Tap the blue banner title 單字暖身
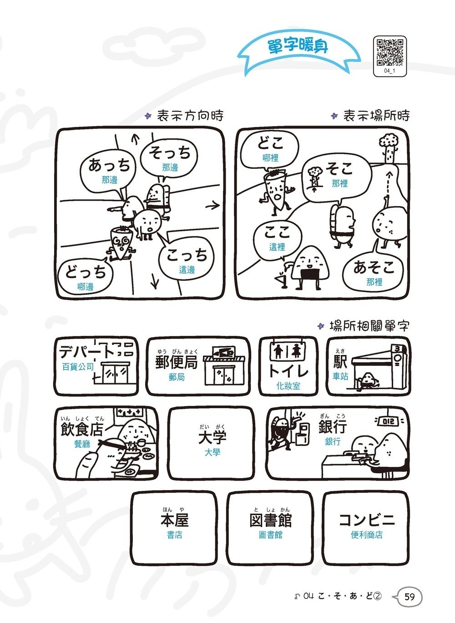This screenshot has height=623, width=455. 298,46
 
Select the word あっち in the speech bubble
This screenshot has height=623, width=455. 109,165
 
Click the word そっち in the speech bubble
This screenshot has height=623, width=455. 170,153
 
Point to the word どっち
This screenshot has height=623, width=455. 86,272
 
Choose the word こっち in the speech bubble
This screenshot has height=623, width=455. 187,254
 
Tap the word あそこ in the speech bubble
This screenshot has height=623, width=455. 374,267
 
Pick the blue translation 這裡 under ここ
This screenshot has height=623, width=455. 277,247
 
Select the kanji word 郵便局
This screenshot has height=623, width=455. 177,362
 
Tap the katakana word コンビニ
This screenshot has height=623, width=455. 367,520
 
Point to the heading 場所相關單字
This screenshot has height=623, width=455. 369,326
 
